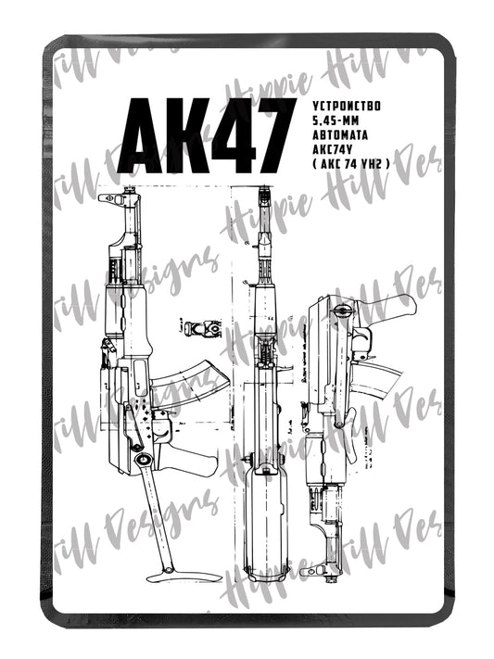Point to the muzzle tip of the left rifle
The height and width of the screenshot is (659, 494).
click(119, 196)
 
